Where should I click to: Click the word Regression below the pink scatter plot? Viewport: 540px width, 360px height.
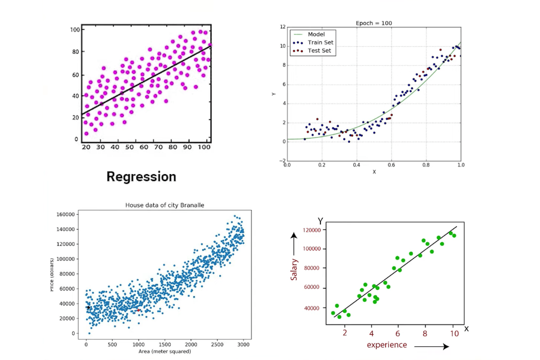tap(141, 176)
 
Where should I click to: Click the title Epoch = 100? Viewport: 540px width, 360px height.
tap(373, 23)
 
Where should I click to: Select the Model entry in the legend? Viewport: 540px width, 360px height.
tap(316, 34)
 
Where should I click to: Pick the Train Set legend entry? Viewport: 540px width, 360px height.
tap(320, 42)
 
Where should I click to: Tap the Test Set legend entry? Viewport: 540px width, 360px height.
tap(319, 51)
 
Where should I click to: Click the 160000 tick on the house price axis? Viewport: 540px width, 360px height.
tap(66, 215)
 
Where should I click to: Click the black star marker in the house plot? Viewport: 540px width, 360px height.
tap(88, 308)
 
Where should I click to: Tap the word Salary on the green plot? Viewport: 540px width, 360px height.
tap(294, 270)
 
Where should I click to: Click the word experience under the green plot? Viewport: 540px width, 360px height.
tap(387, 345)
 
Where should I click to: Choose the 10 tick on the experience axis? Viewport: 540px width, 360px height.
tap(454, 333)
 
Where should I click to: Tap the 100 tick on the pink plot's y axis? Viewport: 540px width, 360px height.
tap(74, 30)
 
